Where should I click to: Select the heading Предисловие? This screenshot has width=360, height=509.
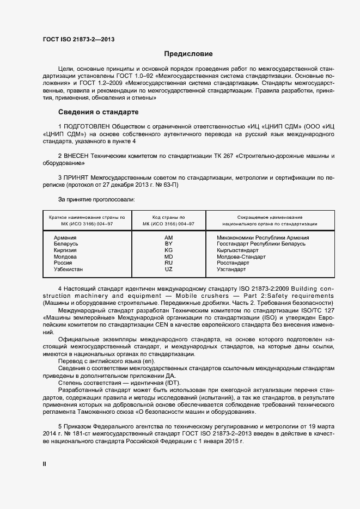(x=188, y=54)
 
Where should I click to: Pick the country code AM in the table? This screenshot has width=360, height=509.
(x=168, y=238)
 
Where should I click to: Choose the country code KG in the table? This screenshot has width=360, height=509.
(x=168, y=250)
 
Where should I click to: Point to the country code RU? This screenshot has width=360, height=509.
(x=168, y=263)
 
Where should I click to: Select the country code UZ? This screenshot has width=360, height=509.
(x=168, y=269)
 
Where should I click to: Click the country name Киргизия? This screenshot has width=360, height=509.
(x=65, y=250)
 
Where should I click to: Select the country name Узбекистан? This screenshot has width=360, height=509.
(x=68, y=269)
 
